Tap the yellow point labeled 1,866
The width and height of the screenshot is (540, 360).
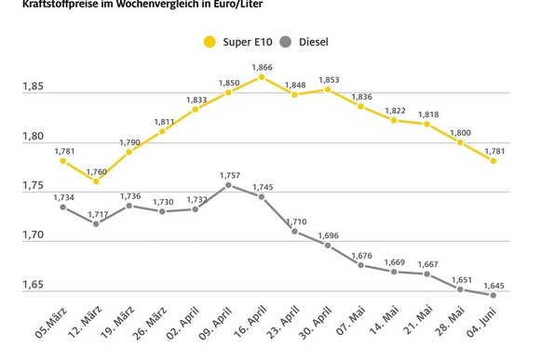[262, 77]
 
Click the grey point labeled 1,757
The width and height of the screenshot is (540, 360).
[228, 185]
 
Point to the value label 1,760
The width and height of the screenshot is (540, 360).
[96, 170]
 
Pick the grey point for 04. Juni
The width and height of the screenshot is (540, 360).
[493, 295]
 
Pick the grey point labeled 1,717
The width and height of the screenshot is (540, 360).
[96, 223]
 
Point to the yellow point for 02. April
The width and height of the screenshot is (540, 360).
[196, 109]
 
